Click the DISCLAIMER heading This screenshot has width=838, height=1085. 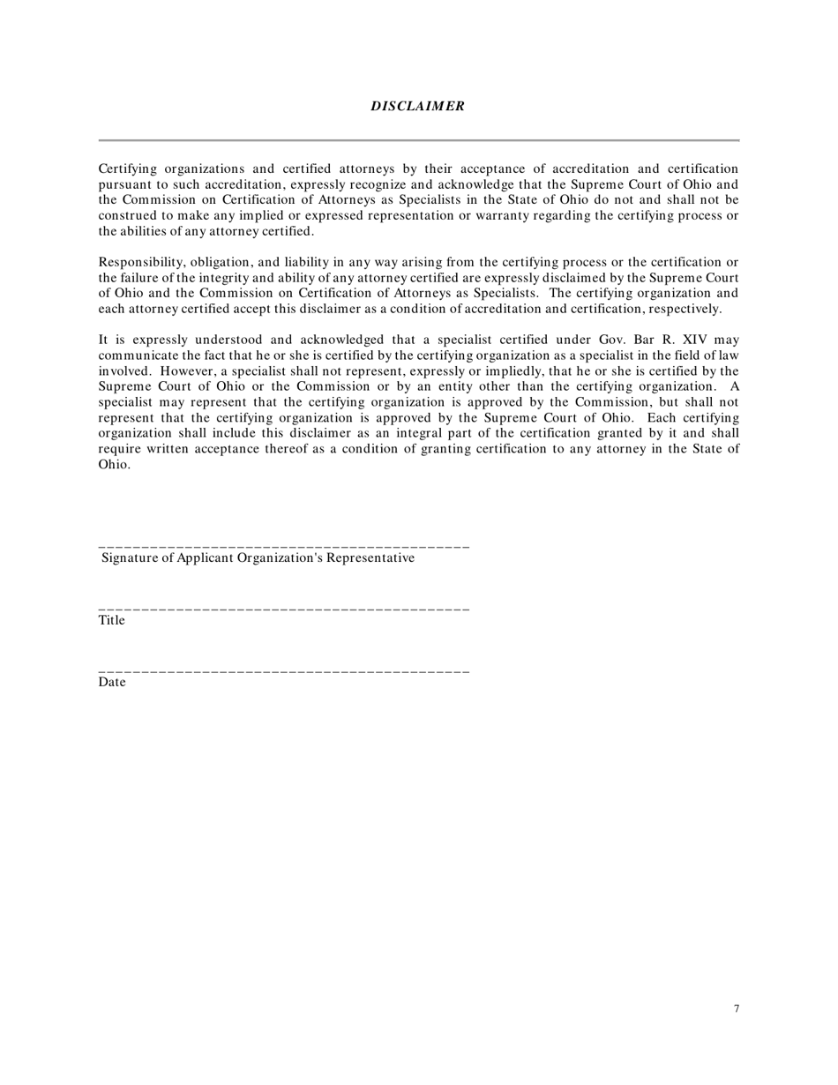click(x=417, y=106)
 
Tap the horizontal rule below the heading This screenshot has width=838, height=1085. click(x=418, y=139)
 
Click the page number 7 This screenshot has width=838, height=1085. click(x=736, y=1009)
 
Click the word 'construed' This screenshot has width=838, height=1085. click(x=128, y=216)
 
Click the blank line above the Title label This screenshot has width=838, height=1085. click(x=283, y=610)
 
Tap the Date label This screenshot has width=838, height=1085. click(x=112, y=682)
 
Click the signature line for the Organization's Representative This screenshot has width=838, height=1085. click(x=283, y=548)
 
